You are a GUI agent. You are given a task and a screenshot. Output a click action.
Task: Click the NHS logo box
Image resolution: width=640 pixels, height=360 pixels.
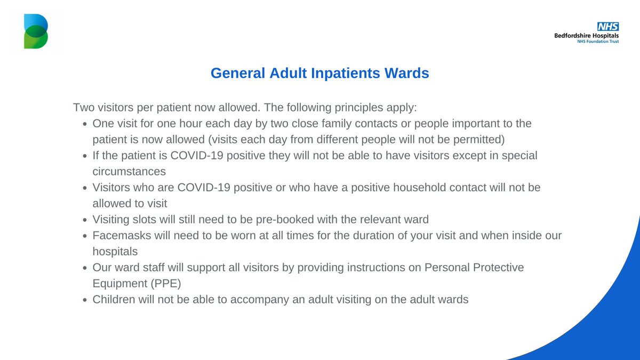[x=608, y=27]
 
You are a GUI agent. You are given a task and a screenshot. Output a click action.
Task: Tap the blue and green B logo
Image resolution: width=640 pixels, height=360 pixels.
[x=36, y=31]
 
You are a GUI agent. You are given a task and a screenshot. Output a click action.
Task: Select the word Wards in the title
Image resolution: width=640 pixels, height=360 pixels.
[x=407, y=73]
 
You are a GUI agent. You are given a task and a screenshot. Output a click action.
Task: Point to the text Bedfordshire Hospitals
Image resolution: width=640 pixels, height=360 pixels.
[x=587, y=35]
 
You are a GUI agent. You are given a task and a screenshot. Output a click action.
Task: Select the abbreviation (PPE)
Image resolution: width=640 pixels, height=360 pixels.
[x=162, y=283]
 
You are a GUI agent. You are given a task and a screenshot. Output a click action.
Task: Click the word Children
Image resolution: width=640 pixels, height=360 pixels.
[x=113, y=299]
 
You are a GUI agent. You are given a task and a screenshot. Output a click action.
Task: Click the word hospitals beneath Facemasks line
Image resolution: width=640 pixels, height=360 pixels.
[x=115, y=251]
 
